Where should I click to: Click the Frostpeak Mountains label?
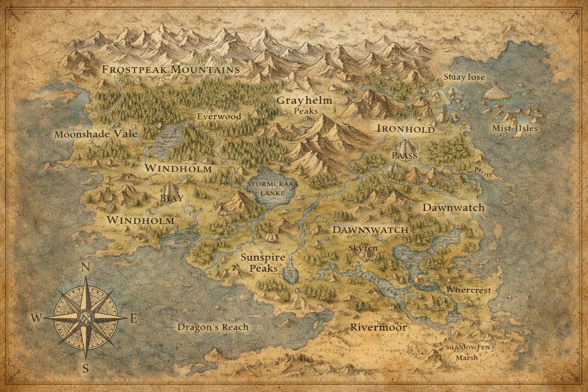(171, 70)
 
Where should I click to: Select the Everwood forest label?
(219, 116)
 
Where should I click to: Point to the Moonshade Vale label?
(96, 134)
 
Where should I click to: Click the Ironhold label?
(405, 129)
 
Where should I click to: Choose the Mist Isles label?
(514, 128)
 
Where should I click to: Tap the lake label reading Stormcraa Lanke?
(273, 188)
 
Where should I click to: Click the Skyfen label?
(363, 248)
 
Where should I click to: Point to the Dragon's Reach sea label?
(213, 327)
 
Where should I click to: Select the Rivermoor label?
(378, 328)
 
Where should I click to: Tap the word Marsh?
(467, 358)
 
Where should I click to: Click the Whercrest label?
(469, 290)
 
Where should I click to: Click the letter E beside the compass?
(134, 318)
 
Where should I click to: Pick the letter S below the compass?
(86, 369)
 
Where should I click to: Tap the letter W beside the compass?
(37, 318)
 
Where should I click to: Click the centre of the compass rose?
(85, 317)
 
